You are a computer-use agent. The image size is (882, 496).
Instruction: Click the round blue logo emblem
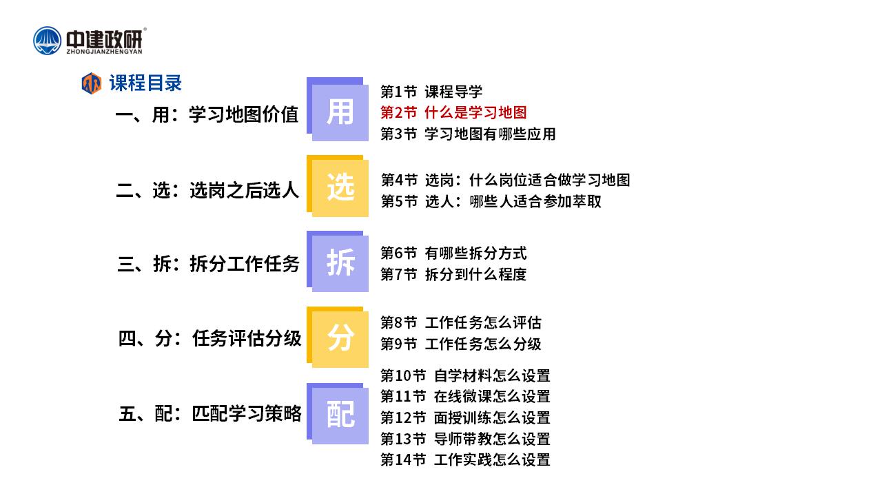click(48, 41)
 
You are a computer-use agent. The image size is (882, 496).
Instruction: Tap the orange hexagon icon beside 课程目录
click(92, 83)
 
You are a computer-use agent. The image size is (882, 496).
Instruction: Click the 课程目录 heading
click(145, 83)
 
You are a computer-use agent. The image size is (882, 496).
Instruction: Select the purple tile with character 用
click(338, 109)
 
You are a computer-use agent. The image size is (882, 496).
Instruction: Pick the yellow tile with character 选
click(338, 186)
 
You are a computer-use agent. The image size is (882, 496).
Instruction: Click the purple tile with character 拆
click(338, 261)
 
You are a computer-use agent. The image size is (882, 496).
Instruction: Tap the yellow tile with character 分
click(338, 337)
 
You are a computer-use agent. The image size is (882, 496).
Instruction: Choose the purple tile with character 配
click(338, 413)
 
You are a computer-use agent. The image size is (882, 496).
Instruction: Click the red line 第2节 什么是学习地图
click(453, 112)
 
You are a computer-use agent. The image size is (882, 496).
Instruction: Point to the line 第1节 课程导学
click(431, 92)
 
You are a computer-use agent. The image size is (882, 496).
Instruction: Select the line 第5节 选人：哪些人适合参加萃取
click(491, 202)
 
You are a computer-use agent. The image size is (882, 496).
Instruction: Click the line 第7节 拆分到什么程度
click(453, 274)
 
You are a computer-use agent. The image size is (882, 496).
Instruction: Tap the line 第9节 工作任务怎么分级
click(461, 344)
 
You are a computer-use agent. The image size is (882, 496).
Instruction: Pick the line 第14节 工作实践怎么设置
click(465, 459)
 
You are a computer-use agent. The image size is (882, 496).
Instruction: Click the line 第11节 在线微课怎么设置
click(465, 396)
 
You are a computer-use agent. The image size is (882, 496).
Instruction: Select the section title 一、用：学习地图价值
click(207, 114)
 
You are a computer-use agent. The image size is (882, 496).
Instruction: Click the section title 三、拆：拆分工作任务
click(209, 264)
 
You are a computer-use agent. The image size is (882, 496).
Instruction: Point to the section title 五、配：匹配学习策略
click(210, 414)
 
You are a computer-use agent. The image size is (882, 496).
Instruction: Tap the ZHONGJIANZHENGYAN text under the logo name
click(104, 52)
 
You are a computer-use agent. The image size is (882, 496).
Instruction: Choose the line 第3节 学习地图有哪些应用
click(468, 134)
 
